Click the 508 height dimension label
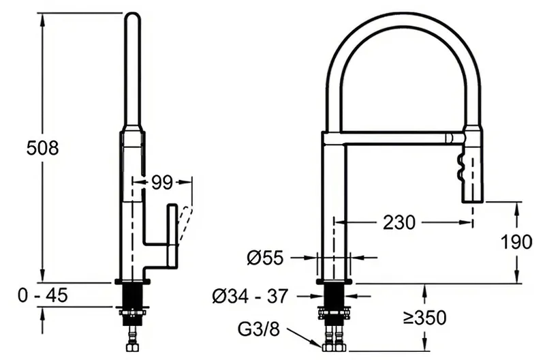(43, 148)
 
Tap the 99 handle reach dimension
(162, 182)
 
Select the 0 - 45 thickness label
(43, 296)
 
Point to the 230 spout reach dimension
(399, 222)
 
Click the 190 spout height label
(516, 242)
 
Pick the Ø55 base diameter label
(265, 258)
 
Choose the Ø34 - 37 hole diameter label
(250, 296)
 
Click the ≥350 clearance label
(424, 317)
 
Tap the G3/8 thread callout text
(259, 329)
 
